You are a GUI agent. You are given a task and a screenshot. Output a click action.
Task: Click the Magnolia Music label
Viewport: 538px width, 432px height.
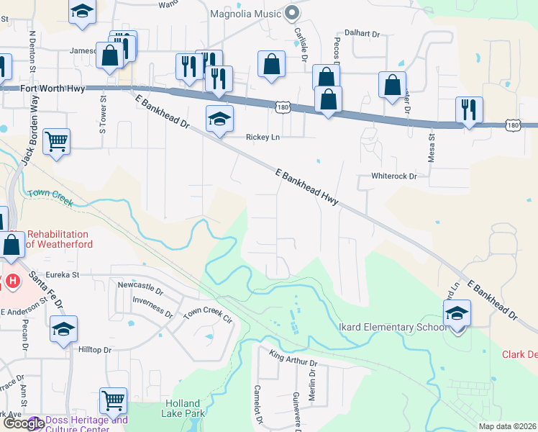245,14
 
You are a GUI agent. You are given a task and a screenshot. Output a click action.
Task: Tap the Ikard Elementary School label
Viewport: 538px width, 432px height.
391,328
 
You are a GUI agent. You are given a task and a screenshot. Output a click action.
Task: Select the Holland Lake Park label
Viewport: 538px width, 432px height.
185,408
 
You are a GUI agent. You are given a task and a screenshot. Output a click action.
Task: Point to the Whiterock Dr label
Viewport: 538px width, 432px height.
393,176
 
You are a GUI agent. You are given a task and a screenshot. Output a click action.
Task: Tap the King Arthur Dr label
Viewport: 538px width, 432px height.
293,358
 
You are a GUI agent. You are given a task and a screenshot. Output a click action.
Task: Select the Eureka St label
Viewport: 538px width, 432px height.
60,274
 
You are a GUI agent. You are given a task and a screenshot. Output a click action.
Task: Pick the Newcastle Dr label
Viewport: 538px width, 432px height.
140,289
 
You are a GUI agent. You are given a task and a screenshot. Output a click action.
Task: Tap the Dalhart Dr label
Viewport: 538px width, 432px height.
361,32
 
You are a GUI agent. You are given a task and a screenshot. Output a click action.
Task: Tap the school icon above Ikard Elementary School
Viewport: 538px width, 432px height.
457,313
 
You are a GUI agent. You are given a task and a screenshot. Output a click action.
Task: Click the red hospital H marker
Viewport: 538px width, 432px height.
12,280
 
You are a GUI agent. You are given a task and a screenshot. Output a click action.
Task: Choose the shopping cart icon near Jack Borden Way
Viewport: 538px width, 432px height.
56,141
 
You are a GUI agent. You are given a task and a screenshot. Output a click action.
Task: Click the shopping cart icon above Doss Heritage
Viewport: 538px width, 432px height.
113,400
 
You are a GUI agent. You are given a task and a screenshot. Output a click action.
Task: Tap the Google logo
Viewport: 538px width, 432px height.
24,423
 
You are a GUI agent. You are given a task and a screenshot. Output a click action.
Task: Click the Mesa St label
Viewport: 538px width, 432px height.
432,146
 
